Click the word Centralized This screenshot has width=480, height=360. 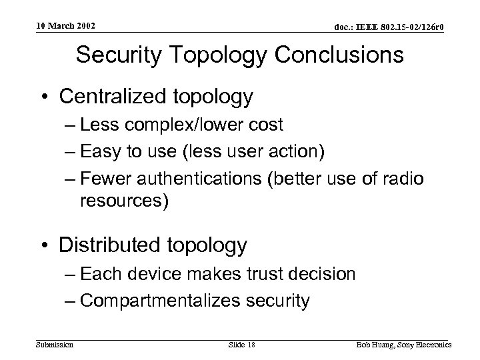tap(114, 97)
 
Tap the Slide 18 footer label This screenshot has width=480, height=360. tap(241, 344)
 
